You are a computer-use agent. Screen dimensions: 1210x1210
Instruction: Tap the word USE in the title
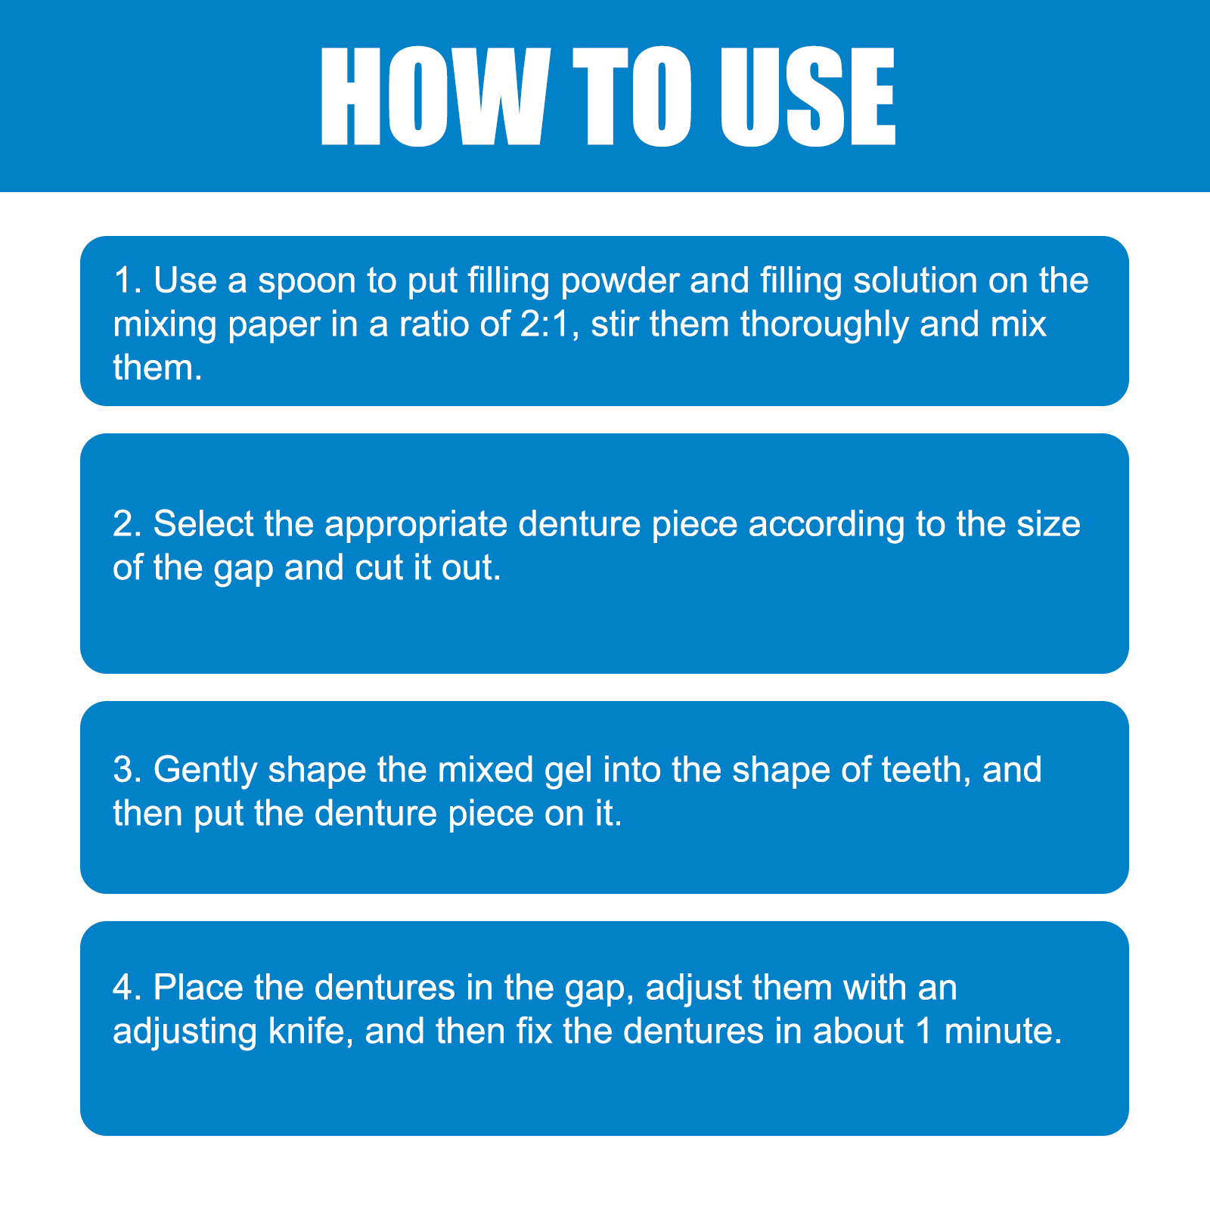click(x=808, y=96)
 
